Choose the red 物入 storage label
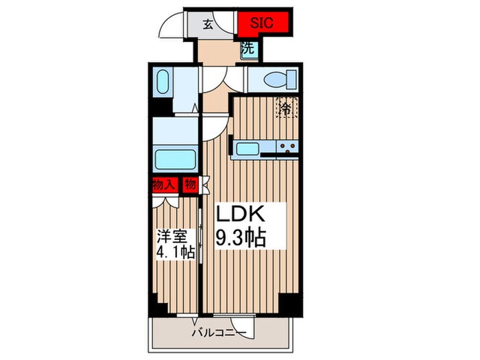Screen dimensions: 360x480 [x=164, y=184]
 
